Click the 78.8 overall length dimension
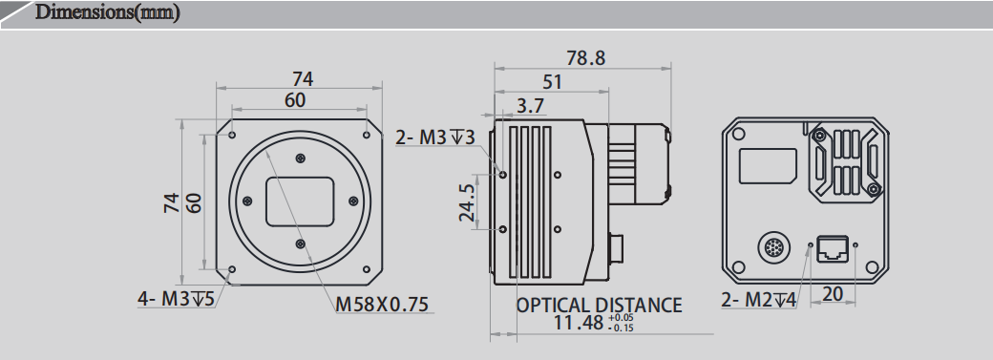point(585,58)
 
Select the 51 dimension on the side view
point(552,82)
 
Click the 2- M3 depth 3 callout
point(435,138)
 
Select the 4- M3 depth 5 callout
point(176,299)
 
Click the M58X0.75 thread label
point(382,305)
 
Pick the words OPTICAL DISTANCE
point(600,305)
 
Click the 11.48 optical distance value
point(579,323)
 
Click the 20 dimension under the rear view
point(833,295)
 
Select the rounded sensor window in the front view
point(299,201)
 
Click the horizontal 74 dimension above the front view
point(302,79)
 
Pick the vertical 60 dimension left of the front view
point(195,202)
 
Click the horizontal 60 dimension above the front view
point(295,100)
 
